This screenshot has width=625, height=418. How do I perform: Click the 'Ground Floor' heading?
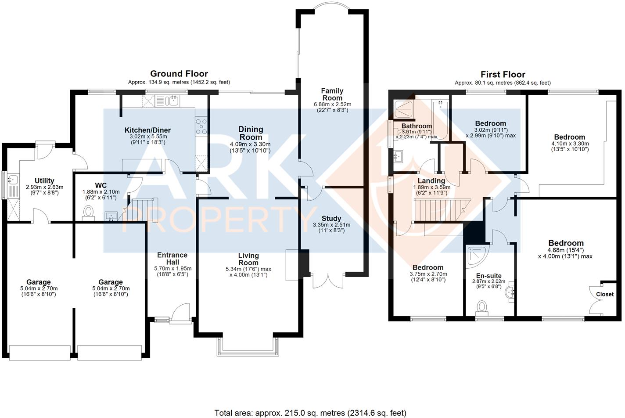point(179,74)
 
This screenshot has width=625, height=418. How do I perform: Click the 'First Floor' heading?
point(503,75)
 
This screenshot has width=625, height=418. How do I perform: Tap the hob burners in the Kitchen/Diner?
point(201,126)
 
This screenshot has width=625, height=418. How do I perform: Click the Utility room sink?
point(13,180)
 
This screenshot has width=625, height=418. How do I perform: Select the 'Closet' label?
point(605,294)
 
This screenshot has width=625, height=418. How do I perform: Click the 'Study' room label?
point(331,219)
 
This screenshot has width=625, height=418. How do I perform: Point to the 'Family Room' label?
point(333,94)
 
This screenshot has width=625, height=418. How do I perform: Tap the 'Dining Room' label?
point(251,133)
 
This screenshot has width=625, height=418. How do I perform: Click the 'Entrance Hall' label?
point(172,258)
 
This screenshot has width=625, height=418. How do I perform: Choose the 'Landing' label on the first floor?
point(431,181)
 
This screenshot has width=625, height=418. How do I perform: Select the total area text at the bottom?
point(310,413)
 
